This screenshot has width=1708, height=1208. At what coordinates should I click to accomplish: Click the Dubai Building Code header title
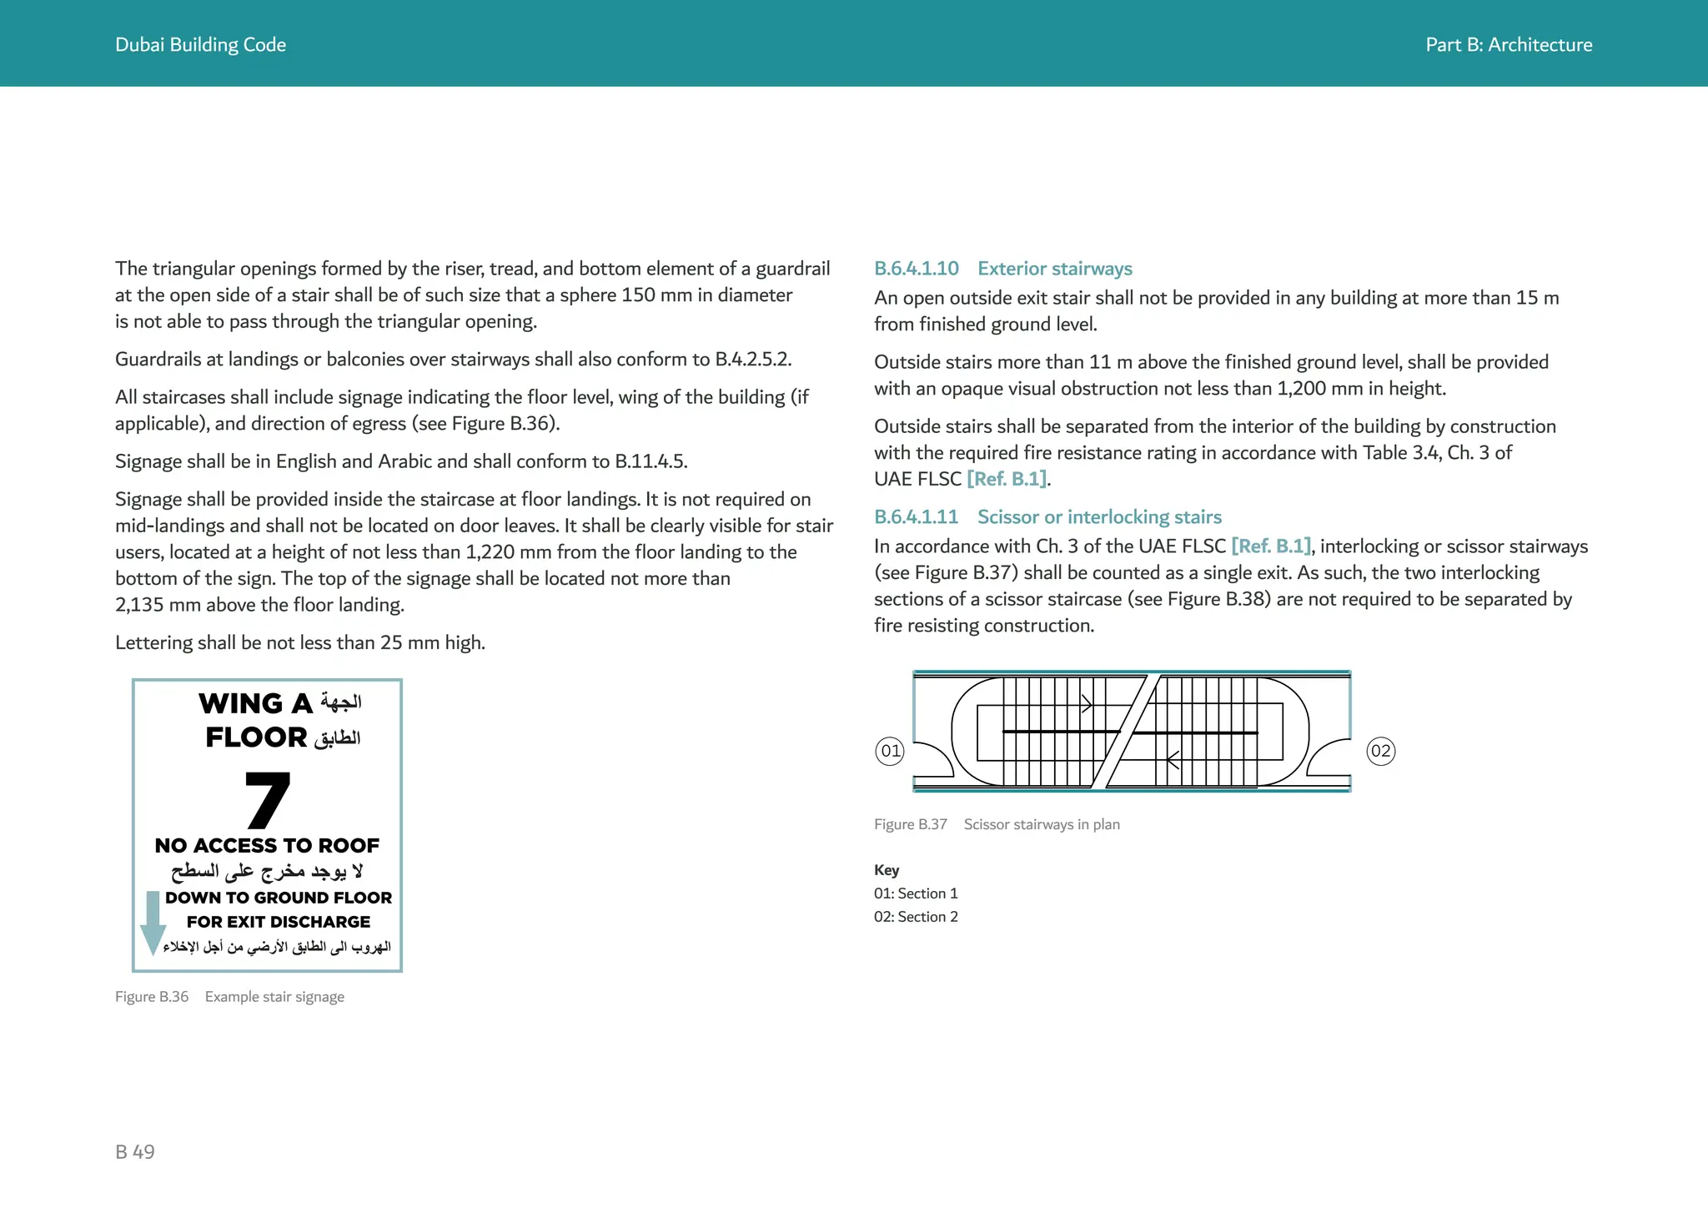tap(200, 45)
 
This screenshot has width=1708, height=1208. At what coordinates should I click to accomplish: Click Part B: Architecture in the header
tap(1508, 45)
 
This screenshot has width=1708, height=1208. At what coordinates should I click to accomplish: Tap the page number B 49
tap(135, 1152)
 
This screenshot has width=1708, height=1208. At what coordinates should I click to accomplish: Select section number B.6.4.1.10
tap(916, 269)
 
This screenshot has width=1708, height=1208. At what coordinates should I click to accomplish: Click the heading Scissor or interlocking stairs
tap(1098, 517)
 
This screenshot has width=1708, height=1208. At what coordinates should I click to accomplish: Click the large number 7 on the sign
tap(267, 799)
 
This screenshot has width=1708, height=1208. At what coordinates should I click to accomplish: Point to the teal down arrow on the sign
tap(153, 923)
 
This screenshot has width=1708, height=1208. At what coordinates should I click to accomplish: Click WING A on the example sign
tap(255, 704)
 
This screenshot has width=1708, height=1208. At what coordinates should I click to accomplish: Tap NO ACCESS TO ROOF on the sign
tap(267, 846)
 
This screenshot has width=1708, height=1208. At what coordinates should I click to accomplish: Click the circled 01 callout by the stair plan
tap(890, 751)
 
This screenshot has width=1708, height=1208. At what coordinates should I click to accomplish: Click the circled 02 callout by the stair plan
tap(1380, 751)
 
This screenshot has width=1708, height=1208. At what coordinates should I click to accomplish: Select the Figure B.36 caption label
tap(152, 997)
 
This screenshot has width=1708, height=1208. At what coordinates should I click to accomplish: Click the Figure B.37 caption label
tap(910, 824)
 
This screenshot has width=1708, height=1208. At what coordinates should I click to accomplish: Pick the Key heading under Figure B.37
tap(886, 870)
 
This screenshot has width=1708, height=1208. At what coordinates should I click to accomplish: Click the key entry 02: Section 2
tap(916, 917)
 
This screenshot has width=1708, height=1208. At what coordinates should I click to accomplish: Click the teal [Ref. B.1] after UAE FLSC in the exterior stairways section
tap(1007, 479)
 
